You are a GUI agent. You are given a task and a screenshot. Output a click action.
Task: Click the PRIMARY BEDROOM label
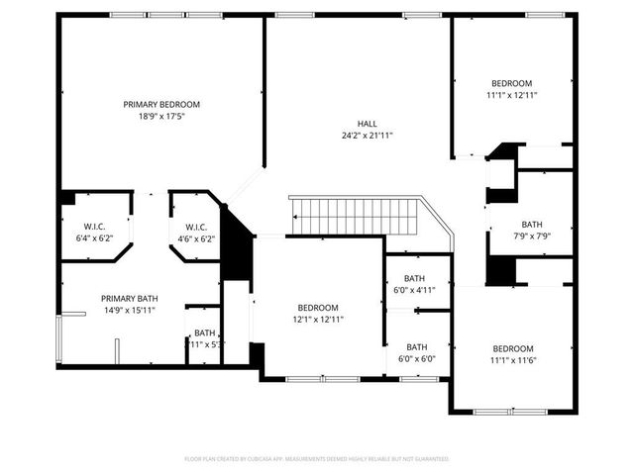point(161,104)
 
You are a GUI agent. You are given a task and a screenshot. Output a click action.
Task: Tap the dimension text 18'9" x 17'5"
point(161,116)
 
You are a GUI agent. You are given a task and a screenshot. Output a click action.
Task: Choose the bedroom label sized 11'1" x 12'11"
point(511,83)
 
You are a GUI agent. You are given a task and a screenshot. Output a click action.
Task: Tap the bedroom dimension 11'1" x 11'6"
point(512,360)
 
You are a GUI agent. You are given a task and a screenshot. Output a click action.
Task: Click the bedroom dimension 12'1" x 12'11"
point(318,320)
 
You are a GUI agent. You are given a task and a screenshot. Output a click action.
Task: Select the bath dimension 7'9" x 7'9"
point(532,237)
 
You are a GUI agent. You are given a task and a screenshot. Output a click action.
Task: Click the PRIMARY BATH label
point(129,298)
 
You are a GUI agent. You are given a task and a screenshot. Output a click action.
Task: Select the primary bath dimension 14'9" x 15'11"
point(129,310)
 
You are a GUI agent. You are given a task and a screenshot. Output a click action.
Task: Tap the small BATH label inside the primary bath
point(204,332)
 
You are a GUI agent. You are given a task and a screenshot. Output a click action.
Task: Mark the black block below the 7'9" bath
point(501,270)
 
